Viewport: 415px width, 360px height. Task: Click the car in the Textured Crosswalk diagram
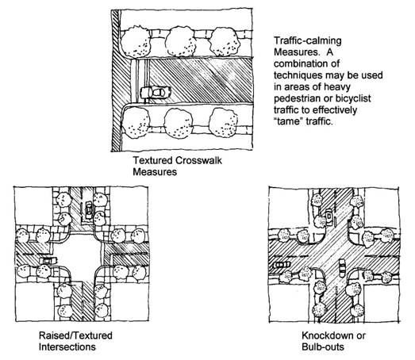coord(156,92)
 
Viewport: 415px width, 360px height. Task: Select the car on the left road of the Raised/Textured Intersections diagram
coord(48,260)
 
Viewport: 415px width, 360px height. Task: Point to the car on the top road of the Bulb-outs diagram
coord(329,216)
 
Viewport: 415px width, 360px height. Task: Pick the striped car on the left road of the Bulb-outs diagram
coord(282,264)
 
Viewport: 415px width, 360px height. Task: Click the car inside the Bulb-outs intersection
coord(342,268)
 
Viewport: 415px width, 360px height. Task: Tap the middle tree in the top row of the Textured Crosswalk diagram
coord(181,41)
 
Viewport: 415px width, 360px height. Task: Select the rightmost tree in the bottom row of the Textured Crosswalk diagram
coord(224,122)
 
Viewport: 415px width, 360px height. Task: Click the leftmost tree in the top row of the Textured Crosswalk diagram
coord(136,41)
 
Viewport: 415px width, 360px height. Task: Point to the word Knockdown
coord(327,335)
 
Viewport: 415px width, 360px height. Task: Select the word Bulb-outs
coord(323,347)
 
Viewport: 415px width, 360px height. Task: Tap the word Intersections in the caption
coord(67,347)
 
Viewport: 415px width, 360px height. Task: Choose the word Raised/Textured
coord(75,335)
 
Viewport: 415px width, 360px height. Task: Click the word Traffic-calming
coord(308,40)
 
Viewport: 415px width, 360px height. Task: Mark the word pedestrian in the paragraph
coord(297,98)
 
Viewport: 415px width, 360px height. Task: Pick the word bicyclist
coord(353,98)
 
